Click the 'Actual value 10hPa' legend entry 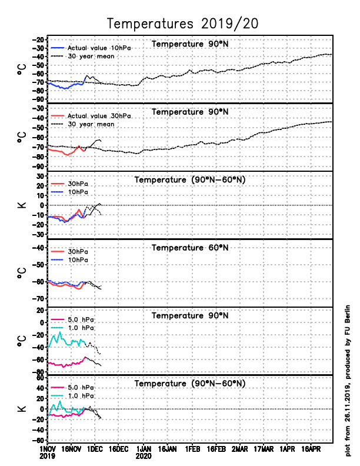click(x=94, y=48)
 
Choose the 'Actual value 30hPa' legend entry click(x=98, y=116)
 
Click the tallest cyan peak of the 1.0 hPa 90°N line click(x=59, y=332)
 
